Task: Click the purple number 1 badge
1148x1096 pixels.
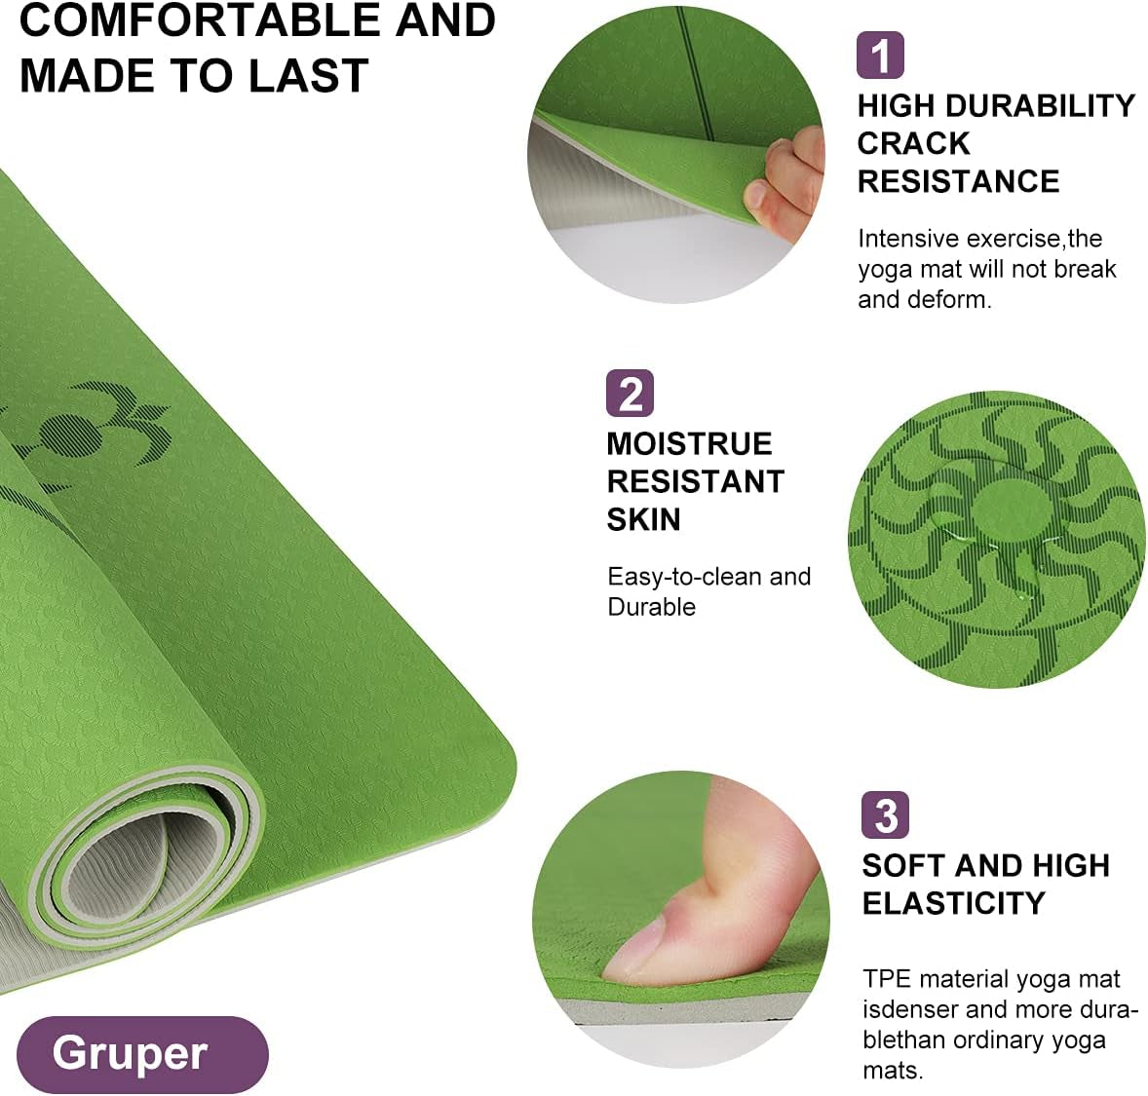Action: pos(880,55)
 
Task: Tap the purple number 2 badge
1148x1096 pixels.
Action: pos(630,394)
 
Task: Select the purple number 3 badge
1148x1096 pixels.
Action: pos(885,814)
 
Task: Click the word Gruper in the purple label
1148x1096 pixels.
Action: pos(130,1053)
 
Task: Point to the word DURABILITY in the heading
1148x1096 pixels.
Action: pos(1041,106)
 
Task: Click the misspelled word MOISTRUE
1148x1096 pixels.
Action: pos(689,443)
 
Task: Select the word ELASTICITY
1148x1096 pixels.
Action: pos(953,903)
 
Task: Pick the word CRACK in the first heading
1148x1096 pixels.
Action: pos(914,143)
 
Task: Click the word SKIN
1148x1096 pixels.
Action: pos(643,519)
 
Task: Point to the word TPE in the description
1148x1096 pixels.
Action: pos(887,979)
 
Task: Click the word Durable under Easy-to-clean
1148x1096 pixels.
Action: pos(651,607)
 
